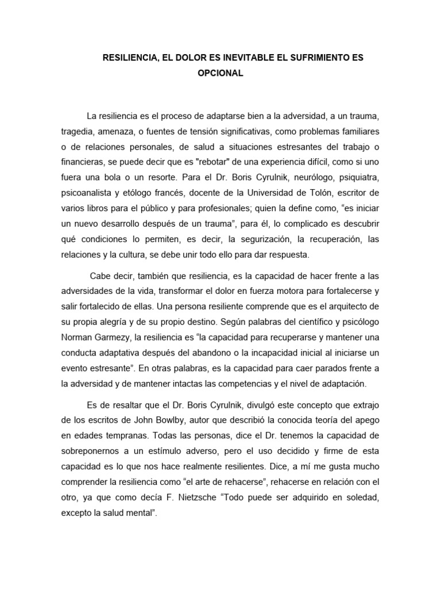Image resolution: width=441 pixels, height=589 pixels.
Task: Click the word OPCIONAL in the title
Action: point(220,73)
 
